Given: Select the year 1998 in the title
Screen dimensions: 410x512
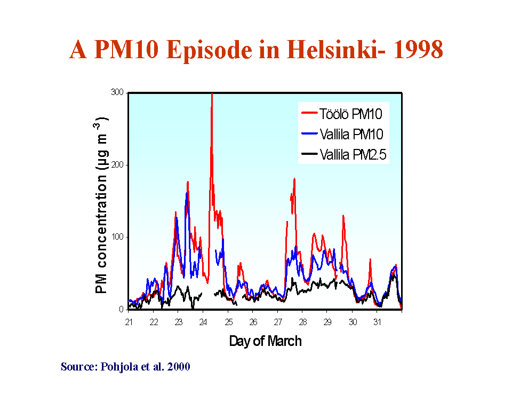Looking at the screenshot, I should (x=417, y=50).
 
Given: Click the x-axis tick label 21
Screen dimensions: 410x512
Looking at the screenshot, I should (x=129, y=322).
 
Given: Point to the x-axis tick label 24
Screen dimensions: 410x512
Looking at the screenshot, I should (x=203, y=322).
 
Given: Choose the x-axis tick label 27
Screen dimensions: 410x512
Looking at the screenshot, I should (x=278, y=322).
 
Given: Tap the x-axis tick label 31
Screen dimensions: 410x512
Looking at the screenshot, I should (x=377, y=322).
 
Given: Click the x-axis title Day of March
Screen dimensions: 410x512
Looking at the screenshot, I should (x=265, y=341).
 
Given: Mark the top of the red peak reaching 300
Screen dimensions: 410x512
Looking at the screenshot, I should (x=212, y=94).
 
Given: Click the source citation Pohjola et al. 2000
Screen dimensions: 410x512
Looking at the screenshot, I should (x=125, y=367).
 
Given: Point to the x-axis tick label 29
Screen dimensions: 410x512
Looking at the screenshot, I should (x=327, y=322).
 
